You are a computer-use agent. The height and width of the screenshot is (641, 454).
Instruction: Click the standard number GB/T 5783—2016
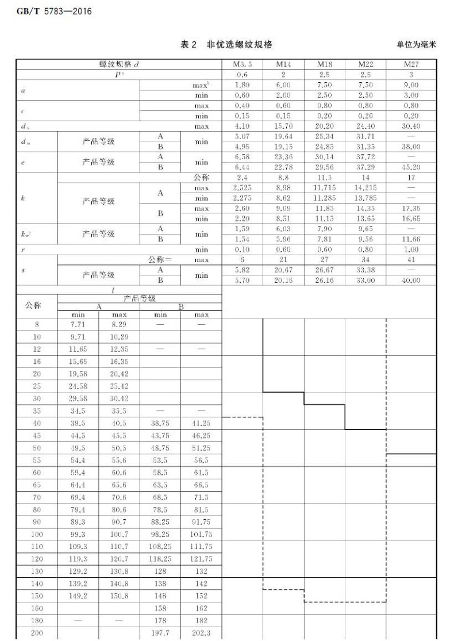click(x=49, y=11)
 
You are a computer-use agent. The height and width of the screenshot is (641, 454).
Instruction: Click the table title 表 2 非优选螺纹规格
click(x=226, y=44)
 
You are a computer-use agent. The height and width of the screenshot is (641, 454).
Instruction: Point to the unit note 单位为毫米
click(x=416, y=45)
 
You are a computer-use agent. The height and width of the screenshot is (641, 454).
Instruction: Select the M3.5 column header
click(x=242, y=64)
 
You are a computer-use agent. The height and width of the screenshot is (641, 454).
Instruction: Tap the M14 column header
click(x=283, y=64)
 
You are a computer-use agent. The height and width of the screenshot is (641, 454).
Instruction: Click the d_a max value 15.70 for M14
click(x=283, y=126)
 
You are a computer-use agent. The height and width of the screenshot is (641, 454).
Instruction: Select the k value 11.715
click(x=325, y=188)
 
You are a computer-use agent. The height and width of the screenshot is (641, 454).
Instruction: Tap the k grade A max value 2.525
click(x=242, y=188)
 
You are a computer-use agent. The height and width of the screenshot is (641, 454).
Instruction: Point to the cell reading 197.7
click(x=160, y=633)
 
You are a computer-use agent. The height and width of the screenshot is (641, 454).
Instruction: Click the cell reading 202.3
click(x=201, y=633)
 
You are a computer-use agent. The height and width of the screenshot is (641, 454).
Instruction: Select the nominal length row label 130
click(x=37, y=572)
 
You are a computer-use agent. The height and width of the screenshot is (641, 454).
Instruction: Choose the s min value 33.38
click(x=365, y=270)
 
